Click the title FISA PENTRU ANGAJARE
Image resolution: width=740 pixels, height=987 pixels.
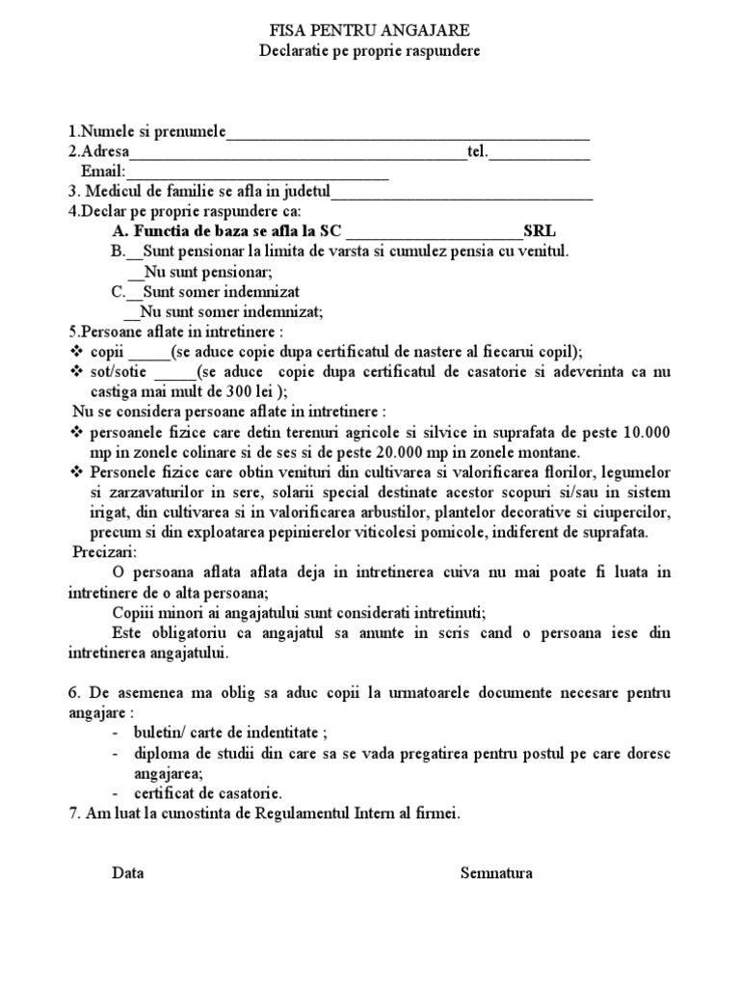[x=370, y=32]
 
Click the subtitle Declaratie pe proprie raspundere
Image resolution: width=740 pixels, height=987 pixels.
[x=370, y=50]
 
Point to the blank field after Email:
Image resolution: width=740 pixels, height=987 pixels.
[x=251, y=174]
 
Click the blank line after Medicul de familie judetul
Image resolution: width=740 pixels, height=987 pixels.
[x=462, y=194]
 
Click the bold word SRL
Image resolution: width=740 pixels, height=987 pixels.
[x=540, y=231]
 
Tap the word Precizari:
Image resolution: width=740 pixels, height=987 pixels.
[x=105, y=551]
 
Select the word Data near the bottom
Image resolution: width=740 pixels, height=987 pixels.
[x=128, y=873]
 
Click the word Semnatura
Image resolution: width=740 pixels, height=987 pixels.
[x=496, y=873]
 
